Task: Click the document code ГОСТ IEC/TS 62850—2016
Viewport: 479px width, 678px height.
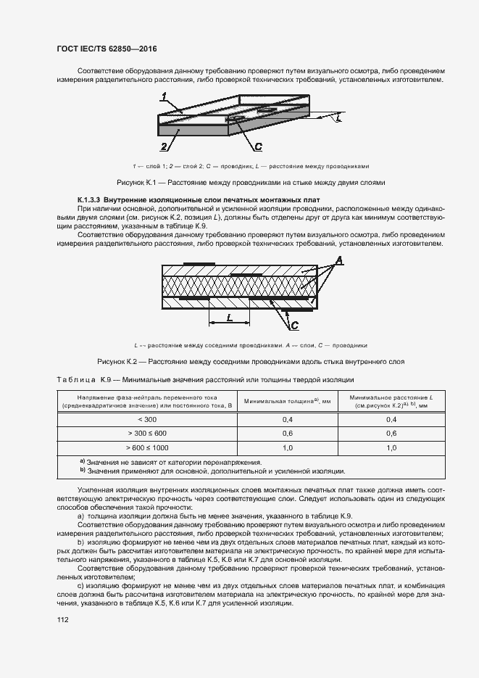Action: point(107,49)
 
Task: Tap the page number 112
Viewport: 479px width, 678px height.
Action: point(62,619)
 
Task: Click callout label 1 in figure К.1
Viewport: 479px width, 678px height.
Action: point(165,96)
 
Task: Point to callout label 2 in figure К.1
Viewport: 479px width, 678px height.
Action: point(164,146)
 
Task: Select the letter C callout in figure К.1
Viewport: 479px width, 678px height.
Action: point(258,146)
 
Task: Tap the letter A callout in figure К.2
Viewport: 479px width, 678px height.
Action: point(338,260)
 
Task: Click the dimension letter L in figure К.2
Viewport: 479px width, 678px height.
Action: point(229,318)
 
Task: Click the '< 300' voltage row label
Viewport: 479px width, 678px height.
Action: point(147,420)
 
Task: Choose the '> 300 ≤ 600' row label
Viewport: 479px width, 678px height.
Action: point(147,434)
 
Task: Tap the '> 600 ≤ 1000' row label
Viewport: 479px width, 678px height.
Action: point(147,447)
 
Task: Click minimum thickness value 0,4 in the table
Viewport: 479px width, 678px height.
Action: point(287,420)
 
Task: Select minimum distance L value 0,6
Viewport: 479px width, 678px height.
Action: point(391,434)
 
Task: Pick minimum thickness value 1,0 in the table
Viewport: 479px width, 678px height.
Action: point(287,447)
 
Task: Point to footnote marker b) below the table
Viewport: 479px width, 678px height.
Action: point(82,471)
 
